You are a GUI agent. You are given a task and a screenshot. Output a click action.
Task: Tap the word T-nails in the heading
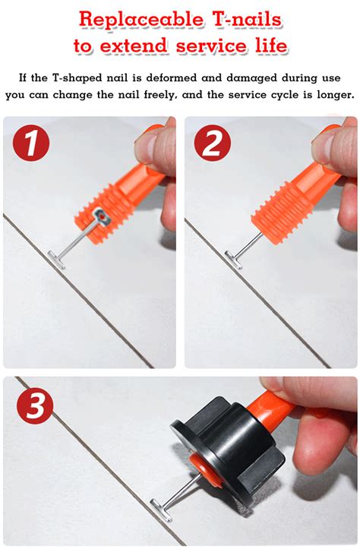[246, 18]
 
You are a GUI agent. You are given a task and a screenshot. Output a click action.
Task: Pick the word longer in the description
[332, 95]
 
